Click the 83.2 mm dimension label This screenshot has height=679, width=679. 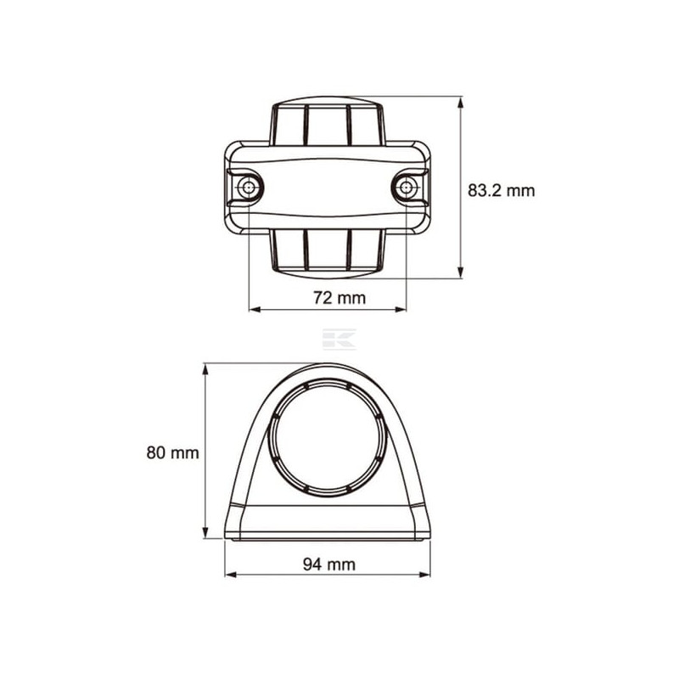[x=501, y=190]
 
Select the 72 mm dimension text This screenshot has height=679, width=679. [x=339, y=298]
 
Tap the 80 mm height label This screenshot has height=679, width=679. [x=172, y=453]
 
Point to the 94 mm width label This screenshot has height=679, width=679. [x=329, y=564]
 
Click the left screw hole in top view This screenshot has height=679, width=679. [x=248, y=188]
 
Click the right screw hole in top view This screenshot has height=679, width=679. [x=407, y=188]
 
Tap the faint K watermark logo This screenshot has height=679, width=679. [x=339, y=339]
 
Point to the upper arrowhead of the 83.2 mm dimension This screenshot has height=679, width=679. [x=460, y=102]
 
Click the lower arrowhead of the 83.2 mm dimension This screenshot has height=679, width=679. [x=460, y=272]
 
